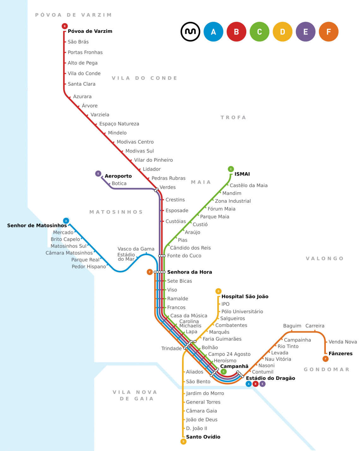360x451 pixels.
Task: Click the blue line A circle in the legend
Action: coord(213,32)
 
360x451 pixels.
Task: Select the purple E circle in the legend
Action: coord(305,32)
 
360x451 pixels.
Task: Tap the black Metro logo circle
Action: coord(190,32)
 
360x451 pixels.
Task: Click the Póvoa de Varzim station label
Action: coord(90,31)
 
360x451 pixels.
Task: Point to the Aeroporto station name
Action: coord(118,176)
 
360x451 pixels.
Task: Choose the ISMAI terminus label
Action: coord(242,174)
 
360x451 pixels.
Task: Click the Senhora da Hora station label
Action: coord(189,272)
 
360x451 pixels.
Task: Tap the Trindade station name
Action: coord(171,349)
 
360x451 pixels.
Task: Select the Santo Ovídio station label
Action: coord(203,437)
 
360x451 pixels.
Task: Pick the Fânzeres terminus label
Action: coord(340,354)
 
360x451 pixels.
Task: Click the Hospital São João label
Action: coord(245,296)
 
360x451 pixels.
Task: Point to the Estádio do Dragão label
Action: coord(270,378)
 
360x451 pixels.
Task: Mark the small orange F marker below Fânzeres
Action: coord(325,359)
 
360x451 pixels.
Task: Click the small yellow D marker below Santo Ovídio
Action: coord(183,442)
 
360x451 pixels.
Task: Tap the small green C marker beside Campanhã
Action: coord(224,372)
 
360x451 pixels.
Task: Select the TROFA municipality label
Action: coord(233,118)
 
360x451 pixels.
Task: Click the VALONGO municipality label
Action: coord(324,259)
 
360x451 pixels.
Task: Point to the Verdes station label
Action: coord(168,187)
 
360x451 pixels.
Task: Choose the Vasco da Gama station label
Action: coord(136,249)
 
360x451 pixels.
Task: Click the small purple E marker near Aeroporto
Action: coord(98,174)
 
